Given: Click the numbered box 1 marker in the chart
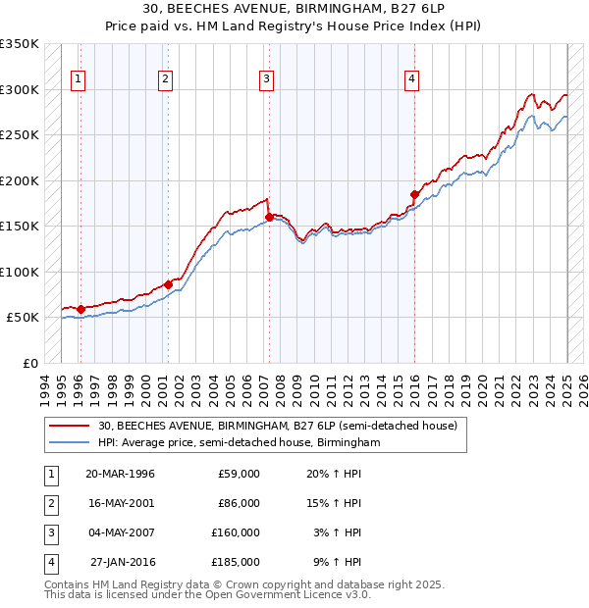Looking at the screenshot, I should point(78,80).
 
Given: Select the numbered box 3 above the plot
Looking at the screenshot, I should point(266,80).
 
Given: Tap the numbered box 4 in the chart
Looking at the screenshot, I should point(412,80).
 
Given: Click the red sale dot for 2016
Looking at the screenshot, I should point(414,194).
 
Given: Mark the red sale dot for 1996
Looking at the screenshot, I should point(81,309).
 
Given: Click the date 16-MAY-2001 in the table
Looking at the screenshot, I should point(121,503).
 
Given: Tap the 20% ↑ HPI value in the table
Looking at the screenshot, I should point(335,474).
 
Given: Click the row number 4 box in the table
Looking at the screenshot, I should point(48,562).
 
